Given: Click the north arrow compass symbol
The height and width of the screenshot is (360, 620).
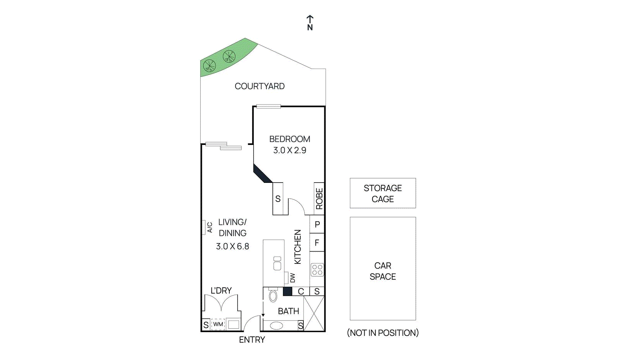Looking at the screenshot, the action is (x=310, y=23).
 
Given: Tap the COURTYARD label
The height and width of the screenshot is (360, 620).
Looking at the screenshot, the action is (x=260, y=86).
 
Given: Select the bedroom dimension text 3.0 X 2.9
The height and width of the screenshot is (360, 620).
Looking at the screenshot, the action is (x=289, y=150).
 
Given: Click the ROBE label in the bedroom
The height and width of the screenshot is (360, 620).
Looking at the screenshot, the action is (x=319, y=199).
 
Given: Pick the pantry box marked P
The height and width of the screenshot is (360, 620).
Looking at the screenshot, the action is (x=317, y=224).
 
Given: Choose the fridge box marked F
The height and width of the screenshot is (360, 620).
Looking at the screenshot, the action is (x=317, y=243).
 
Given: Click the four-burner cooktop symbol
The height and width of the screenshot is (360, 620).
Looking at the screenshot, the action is (x=317, y=270).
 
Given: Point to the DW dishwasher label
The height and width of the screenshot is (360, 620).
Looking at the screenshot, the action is (x=293, y=278).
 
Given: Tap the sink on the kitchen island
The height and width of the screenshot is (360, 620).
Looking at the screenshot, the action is (x=277, y=263).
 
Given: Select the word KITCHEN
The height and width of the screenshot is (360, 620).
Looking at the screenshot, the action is (x=298, y=247).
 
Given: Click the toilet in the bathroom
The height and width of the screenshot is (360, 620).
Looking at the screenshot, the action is (x=273, y=296).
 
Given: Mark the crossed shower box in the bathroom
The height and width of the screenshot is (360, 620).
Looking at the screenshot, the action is (x=314, y=313).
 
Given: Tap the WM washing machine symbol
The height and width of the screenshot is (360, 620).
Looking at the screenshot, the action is (x=218, y=324).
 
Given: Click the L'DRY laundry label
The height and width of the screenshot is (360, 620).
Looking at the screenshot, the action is (x=221, y=291).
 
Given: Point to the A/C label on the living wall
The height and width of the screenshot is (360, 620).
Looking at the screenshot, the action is (x=210, y=227).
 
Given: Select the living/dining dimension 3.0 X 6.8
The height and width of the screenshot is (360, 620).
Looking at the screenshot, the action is (x=232, y=246).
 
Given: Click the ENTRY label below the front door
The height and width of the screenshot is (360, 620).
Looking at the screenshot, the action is (x=252, y=340).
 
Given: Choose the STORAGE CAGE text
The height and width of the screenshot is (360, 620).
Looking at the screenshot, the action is (x=383, y=193).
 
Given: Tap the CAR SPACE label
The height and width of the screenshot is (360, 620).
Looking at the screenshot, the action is (x=383, y=271).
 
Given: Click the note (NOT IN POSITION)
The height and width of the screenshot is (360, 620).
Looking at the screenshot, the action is (x=383, y=333).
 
